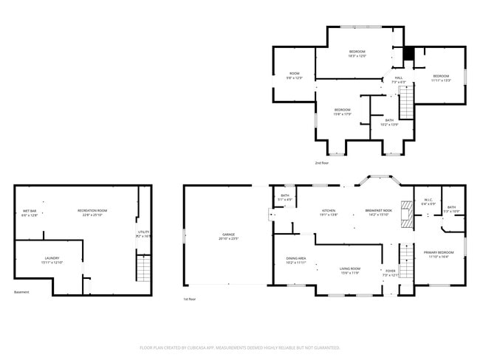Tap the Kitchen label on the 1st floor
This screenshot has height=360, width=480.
click(328, 212)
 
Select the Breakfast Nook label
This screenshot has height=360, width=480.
click(377, 212)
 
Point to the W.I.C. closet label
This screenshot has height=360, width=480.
click(428, 201)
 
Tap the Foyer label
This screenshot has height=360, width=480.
click(391, 272)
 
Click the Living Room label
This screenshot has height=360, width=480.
click(349, 270)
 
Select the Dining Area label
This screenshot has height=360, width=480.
click(296, 260)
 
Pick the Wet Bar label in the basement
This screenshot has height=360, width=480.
click(30, 213)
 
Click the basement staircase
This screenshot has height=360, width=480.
click(143, 266)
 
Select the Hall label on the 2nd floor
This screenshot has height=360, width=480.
click(398, 79)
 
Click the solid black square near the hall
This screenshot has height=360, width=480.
click(407, 55)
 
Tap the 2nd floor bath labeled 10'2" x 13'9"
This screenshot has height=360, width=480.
click(389, 122)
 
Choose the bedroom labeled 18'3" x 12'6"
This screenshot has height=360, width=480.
click(357, 53)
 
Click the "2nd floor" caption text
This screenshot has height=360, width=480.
click(323, 162)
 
